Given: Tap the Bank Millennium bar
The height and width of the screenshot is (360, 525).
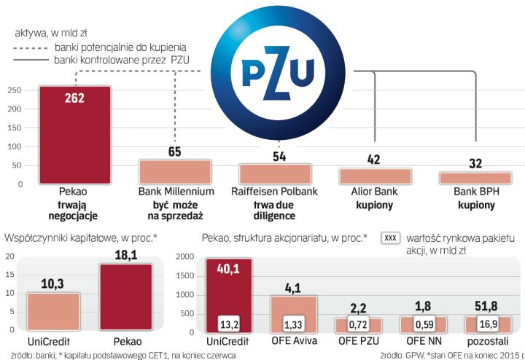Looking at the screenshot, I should click(175, 172).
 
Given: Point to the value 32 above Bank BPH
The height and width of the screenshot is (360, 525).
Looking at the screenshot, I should click(475, 163).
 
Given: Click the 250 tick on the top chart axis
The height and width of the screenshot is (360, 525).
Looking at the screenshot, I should click(13, 90).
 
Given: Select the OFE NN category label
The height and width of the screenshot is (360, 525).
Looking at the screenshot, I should click(423, 342).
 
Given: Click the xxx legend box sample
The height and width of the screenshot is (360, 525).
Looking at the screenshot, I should click(391, 238).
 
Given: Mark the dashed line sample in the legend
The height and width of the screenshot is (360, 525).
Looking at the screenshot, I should click(31, 47).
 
